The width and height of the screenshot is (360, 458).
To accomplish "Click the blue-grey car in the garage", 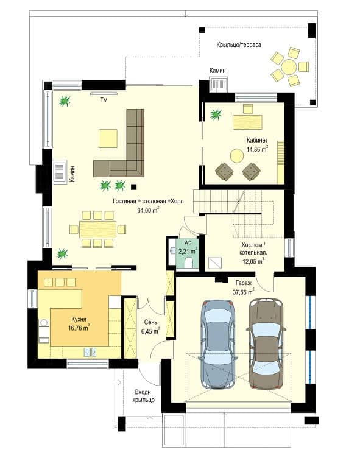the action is point(217,343).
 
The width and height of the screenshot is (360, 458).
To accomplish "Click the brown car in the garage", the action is point(266,343).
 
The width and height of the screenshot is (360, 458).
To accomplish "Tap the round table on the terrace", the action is point(289,67).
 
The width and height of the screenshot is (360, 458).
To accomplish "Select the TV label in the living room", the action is point(104,100).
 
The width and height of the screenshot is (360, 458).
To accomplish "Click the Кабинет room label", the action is point(257,140).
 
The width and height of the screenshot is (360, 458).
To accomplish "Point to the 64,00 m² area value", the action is point(148,210).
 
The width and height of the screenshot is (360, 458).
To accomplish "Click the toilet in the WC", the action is point(189,263).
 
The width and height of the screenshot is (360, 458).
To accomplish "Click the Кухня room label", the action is point(79,319).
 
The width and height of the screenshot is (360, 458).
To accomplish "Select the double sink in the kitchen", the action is point(90,352).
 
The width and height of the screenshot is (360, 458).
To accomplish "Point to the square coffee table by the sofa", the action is point(108,138).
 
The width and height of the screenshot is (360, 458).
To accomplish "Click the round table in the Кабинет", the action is point(238,156).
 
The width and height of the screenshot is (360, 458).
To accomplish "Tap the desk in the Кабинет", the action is point(247,122).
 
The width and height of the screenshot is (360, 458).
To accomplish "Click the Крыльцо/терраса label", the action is point(239,44).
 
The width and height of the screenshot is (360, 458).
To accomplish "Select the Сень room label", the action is point(151,322).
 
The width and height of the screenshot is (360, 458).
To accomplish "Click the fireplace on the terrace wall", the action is point(219,85).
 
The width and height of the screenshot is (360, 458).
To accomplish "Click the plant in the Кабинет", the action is point(216,114).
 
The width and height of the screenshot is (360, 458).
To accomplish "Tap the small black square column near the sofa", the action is point(134,186).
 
